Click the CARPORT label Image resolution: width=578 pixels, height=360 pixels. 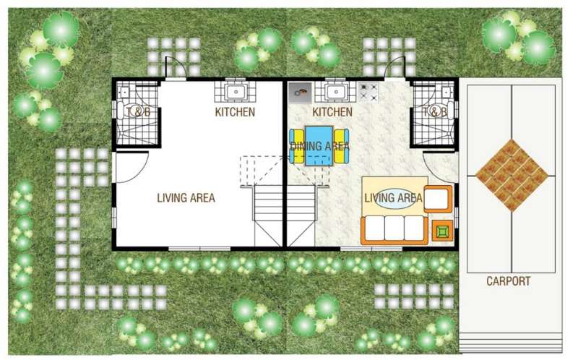pyautogui.click(x=509, y=281)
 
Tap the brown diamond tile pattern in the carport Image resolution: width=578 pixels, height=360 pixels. pyautogui.click(x=512, y=175)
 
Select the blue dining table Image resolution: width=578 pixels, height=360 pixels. pyautogui.click(x=319, y=146)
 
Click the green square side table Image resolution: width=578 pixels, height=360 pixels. pyautogui.click(x=441, y=231)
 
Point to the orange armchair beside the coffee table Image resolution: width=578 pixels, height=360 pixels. pyautogui.click(x=438, y=199)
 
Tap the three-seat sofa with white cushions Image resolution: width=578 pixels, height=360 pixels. pyautogui.click(x=394, y=229)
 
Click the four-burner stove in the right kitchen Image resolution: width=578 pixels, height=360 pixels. pyautogui.click(x=368, y=93)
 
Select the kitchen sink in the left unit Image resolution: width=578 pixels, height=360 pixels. pyautogui.click(x=235, y=92)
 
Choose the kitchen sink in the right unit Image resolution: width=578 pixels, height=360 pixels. pyautogui.click(x=335, y=92)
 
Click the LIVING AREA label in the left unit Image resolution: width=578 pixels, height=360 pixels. pyautogui.click(x=186, y=197)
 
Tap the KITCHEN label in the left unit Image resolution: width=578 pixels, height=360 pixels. pyautogui.click(x=235, y=112)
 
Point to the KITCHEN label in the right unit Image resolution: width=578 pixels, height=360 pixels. pyautogui.click(x=332, y=112)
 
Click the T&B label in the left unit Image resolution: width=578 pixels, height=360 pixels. pyautogui.click(x=138, y=111)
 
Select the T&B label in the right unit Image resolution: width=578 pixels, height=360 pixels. pyautogui.click(x=434, y=111)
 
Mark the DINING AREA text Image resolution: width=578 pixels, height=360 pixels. pyautogui.click(x=319, y=146)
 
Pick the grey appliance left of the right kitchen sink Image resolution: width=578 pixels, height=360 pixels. pyautogui.click(x=300, y=93)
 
